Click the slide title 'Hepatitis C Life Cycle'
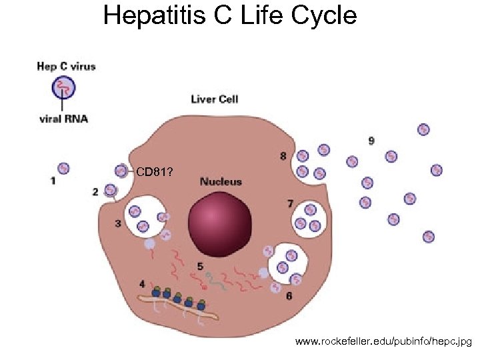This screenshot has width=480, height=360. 230,15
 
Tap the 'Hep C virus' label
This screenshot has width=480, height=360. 66,66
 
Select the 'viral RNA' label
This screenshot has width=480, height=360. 63,119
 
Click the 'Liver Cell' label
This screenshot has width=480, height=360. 214,99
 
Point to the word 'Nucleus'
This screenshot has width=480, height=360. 221,181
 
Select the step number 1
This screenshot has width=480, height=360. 53,181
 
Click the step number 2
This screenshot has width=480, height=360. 95,192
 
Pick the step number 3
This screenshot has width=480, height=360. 118,223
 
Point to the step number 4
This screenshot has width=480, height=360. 142,284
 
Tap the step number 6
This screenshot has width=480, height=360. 289,295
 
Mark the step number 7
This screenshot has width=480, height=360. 290,203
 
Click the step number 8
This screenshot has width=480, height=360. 283,157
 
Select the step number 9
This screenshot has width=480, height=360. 371,141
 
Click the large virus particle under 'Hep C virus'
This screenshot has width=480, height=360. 64,87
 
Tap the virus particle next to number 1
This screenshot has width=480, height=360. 63,169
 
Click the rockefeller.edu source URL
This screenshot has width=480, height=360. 383,342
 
